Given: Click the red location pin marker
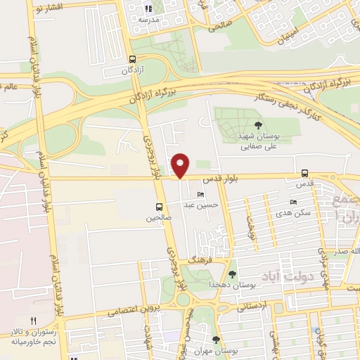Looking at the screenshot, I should coord(181,165).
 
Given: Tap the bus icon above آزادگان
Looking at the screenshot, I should coord(133,60).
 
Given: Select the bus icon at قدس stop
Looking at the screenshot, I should coord(304,173).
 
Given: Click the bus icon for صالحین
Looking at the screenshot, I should coord(159,207).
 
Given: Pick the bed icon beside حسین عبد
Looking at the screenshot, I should coord(201,195).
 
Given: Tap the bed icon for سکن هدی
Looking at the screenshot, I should coord(293,202).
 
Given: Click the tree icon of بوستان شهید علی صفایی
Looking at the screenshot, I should coord(248,125).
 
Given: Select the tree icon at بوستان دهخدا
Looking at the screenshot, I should coord(233,274).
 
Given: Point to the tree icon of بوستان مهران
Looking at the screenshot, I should coord(217,340).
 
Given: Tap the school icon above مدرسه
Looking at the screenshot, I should coord(148,9).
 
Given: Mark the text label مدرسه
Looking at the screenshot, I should coord(148,20).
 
